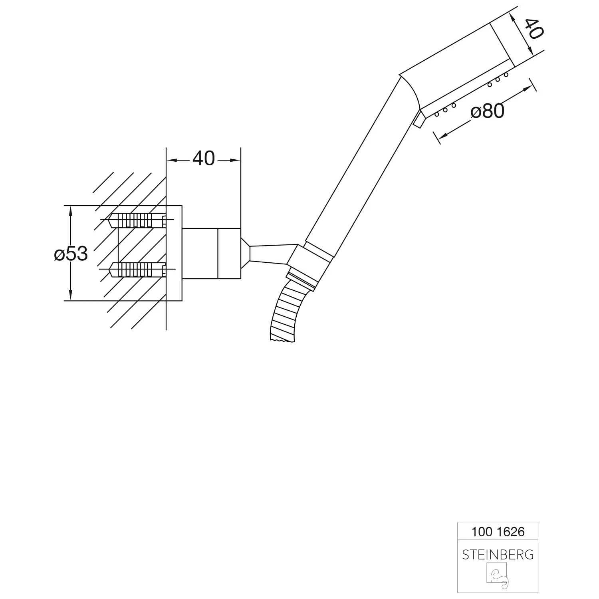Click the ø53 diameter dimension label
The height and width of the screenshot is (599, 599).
71,254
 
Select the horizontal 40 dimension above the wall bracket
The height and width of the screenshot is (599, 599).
204,159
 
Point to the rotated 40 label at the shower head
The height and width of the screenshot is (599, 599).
533,28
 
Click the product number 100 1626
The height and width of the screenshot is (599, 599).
498,532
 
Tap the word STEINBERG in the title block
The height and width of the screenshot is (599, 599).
498,555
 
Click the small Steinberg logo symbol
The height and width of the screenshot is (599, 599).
497,575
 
